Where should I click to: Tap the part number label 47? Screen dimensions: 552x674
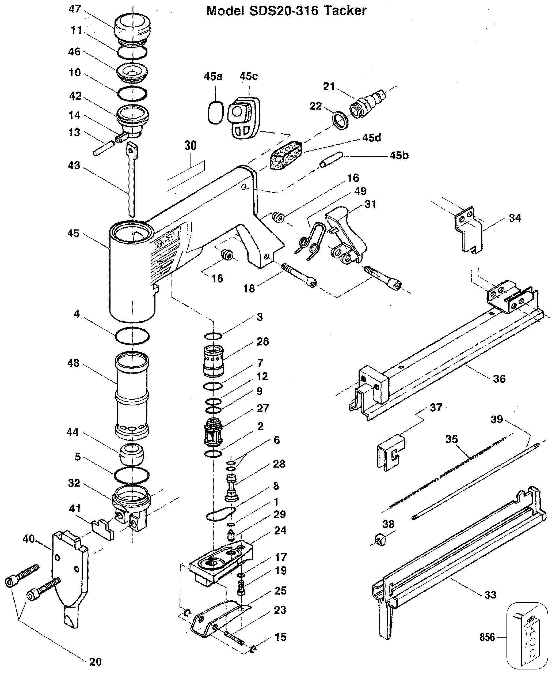tap(75, 9)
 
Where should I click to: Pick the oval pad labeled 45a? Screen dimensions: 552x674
tap(215, 113)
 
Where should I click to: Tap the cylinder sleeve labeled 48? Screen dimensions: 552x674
tap(132, 395)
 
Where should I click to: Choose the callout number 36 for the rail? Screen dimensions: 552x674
tap(499, 379)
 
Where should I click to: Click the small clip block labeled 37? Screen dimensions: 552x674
tap(391, 453)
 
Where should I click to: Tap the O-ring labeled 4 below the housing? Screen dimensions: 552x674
tap(132, 336)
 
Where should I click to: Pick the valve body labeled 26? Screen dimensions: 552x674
tap(213, 361)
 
